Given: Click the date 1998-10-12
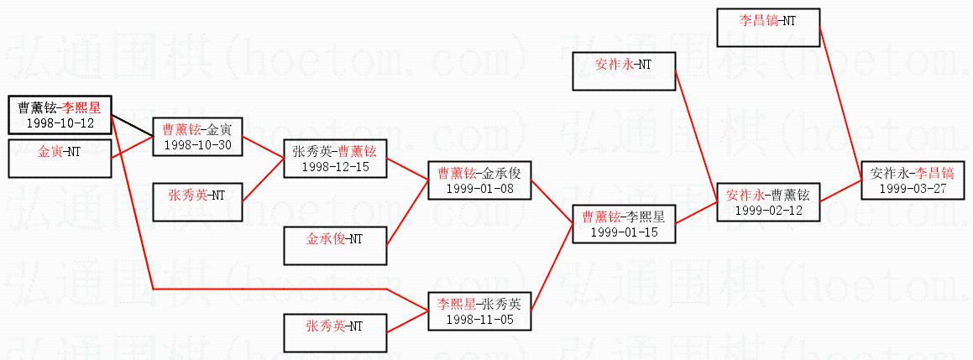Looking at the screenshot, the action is (60, 123).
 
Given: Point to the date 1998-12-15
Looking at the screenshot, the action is (334, 166).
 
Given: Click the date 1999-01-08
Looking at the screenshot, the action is (479, 188).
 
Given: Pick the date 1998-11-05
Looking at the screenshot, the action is (479, 319).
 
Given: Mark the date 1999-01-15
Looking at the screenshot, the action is (623, 231).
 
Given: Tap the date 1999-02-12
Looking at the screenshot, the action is (767, 210).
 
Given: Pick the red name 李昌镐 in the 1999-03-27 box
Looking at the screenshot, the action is (934, 174).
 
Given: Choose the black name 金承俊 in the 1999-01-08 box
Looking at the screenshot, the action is (504, 174).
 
